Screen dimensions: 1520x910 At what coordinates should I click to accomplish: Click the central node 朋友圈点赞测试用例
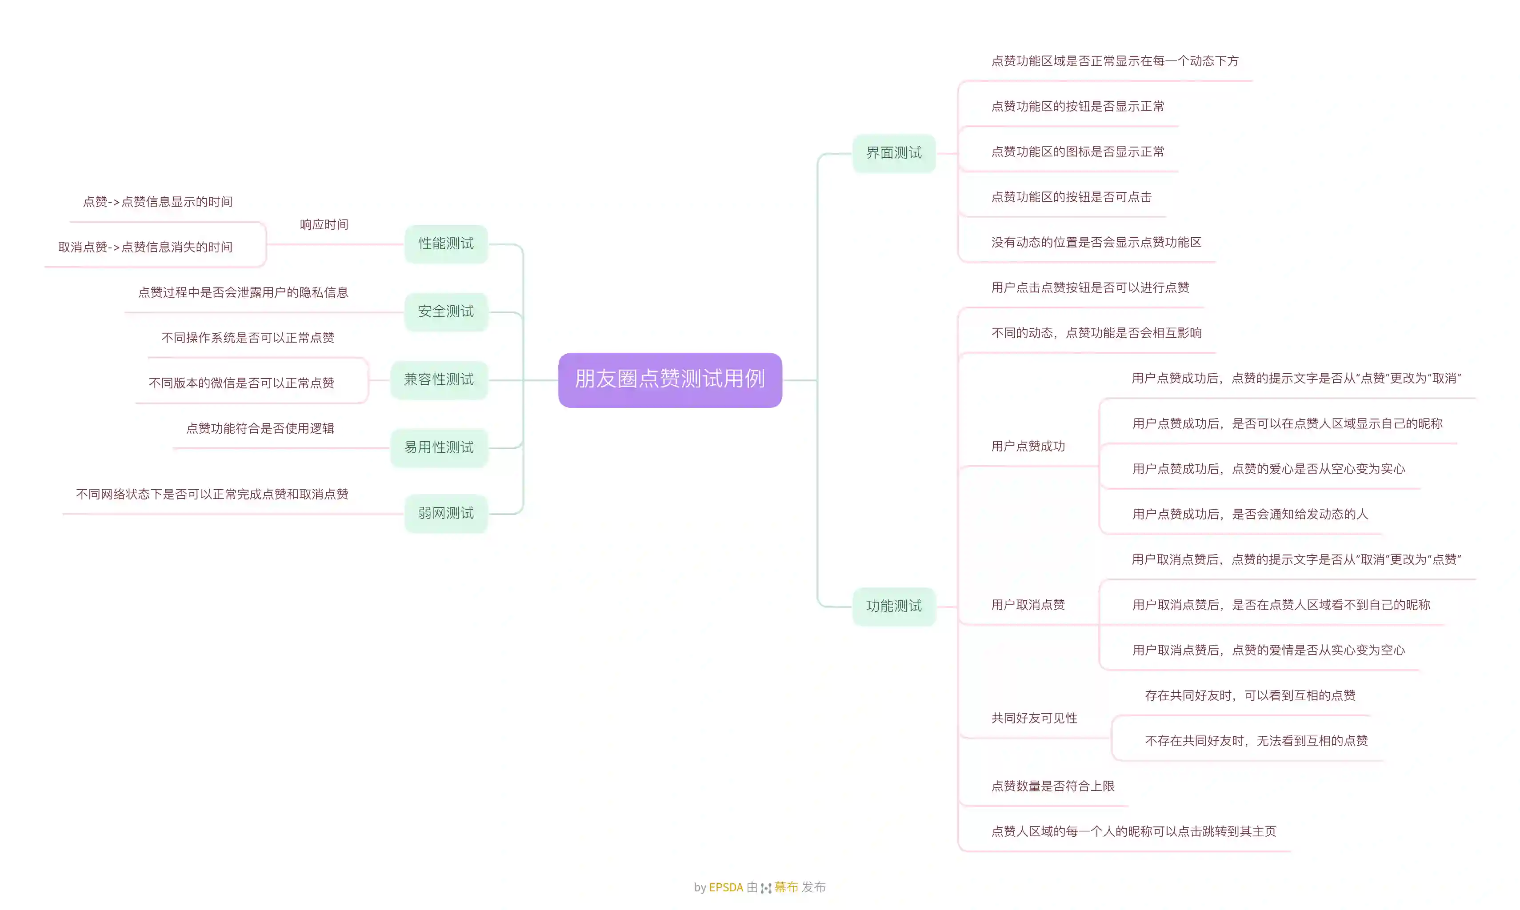[670, 379]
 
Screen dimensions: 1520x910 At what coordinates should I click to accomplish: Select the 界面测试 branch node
[894, 153]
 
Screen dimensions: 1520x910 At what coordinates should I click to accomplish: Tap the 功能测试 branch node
[894, 606]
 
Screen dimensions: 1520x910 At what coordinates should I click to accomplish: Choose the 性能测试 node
[446, 243]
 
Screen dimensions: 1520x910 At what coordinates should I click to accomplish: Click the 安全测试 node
[446, 311]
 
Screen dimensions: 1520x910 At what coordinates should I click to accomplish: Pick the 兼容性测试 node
[439, 379]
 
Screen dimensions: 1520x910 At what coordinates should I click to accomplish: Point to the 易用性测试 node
[439, 447]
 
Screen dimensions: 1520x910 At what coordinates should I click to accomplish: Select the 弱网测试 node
[446, 513]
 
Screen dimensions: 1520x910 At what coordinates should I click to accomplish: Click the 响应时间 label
[324, 224]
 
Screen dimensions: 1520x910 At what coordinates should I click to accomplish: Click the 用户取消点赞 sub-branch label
[1028, 605]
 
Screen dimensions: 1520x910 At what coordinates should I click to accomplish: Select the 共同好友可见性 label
[1034, 718]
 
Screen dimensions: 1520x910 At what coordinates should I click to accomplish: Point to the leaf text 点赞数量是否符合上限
[1052, 786]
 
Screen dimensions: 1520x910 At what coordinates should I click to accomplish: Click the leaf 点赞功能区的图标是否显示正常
[1078, 152]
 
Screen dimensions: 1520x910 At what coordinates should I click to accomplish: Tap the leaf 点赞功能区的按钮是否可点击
[1072, 197]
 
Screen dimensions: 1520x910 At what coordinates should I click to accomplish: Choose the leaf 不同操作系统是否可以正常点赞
[248, 338]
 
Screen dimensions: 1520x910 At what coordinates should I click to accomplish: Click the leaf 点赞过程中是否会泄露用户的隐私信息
[243, 292]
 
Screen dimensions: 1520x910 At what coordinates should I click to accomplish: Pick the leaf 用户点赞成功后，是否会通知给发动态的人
[1250, 514]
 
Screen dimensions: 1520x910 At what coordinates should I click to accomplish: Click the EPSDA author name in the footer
[726, 887]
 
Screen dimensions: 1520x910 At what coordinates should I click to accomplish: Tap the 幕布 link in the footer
[786, 887]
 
